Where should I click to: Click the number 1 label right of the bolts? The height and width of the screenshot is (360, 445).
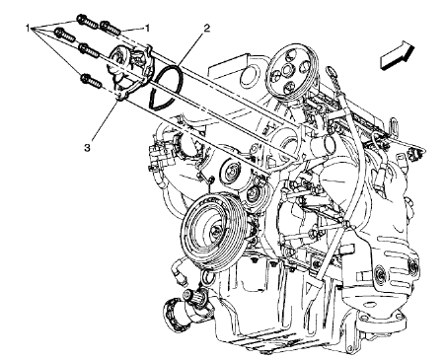tap(148, 31)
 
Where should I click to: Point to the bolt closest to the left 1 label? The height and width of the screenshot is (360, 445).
tap(64, 35)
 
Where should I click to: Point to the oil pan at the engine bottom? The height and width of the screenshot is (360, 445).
tap(296, 316)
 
